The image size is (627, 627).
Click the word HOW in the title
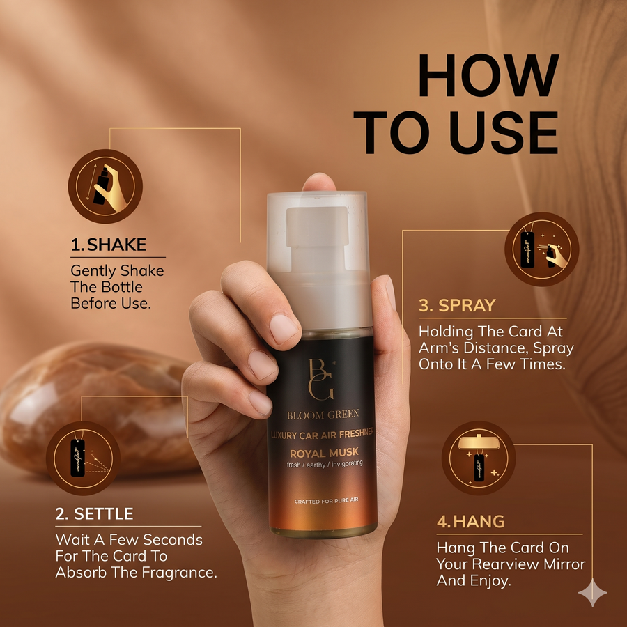click(488, 75)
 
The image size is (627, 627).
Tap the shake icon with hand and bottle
click(105, 186)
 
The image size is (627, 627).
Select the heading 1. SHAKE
click(109, 245)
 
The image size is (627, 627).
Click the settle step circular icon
click(83, 458)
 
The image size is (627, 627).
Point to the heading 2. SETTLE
click(94, 514)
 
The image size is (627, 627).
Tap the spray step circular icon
click(542, 249)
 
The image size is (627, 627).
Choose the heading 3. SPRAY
click(457, 305)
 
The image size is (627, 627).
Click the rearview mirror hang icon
click(479, 458)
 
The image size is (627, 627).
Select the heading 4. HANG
click(470, 521)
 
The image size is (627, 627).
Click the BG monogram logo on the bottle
click(321, 380)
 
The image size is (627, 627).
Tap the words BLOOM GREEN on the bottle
click(323, 415)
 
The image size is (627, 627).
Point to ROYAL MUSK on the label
click(324, 453)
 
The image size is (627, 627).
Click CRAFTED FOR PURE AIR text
click(326, 501)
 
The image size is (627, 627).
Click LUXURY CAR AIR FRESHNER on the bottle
click(323, 434)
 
